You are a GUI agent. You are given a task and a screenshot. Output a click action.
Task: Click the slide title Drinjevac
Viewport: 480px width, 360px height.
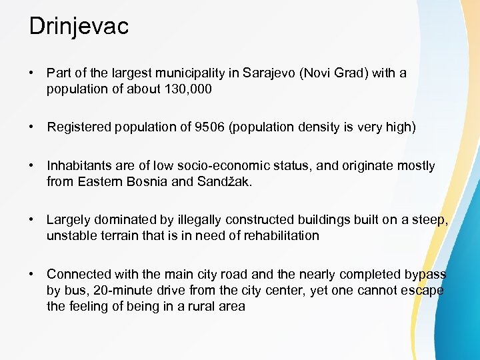pos(79,27)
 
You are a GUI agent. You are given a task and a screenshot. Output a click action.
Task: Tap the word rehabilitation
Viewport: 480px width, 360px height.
pos(276,235)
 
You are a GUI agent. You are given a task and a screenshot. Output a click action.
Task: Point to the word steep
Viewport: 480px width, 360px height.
pos(429,220)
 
